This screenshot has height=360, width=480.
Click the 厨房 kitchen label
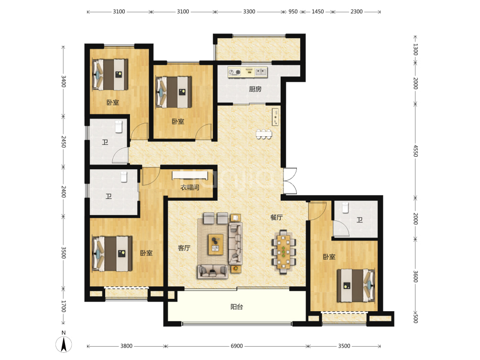coord(255,89)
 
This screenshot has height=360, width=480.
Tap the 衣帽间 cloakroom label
coord(190,187)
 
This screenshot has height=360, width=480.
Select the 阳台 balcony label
coord(237,307)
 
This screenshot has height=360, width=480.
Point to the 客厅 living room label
coord(184,248)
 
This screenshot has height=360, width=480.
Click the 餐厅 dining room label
coord(276,218)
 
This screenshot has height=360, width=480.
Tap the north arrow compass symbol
coord(64,342)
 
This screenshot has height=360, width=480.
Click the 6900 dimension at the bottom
coord(237,346)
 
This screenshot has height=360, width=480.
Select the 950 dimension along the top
coord(293,11)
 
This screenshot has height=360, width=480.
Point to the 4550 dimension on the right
coord(415,151)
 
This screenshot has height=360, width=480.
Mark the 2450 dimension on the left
coord(64,142)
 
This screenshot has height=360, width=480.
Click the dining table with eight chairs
coord(284,252)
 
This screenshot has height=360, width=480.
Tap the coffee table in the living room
coord(216,244)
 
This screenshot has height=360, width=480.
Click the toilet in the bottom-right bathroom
coord(345,207)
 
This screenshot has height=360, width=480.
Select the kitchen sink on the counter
coord(261,72)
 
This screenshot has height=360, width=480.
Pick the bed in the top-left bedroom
coord(110,75)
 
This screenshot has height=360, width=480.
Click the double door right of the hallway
coord(290,181)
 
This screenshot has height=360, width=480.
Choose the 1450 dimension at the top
coord(318,11)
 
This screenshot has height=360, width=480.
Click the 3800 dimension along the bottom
coord(126,346)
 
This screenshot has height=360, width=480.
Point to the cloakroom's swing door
coord(151,176)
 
